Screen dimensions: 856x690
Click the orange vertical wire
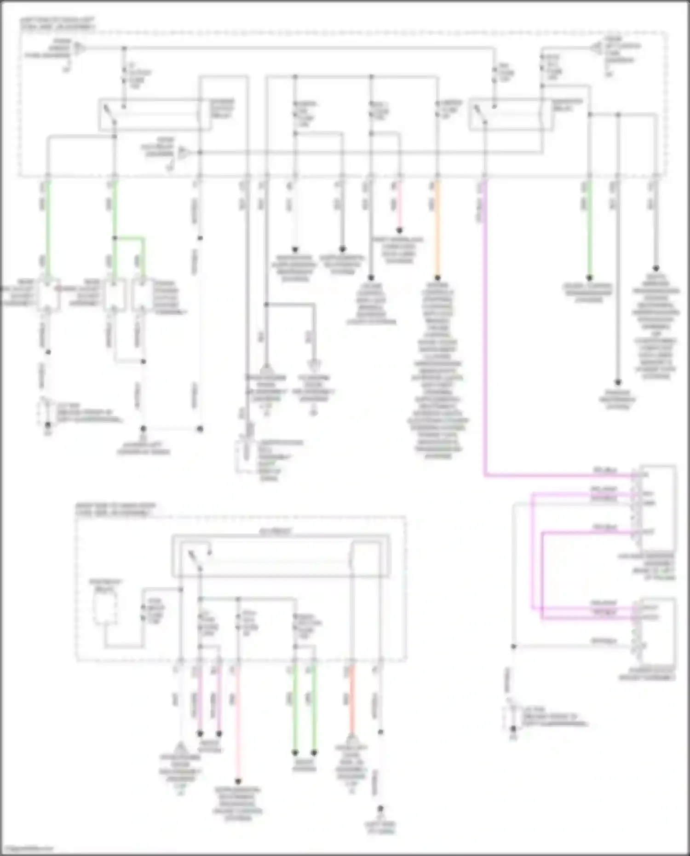click(437, 230)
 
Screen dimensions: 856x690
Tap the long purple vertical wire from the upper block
click(485, 322)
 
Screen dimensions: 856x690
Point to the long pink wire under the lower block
click(238, 727)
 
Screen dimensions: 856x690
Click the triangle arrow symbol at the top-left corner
click(80, 47)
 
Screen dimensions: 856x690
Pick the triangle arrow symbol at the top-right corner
click(597, 48)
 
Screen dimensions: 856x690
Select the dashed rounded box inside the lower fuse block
click(105, 608)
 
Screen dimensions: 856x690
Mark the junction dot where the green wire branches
click(115, 238)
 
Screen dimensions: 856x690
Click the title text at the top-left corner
click(57, 24)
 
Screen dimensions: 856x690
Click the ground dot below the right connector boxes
click(513, 729)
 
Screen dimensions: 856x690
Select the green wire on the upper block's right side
click(589, 230)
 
